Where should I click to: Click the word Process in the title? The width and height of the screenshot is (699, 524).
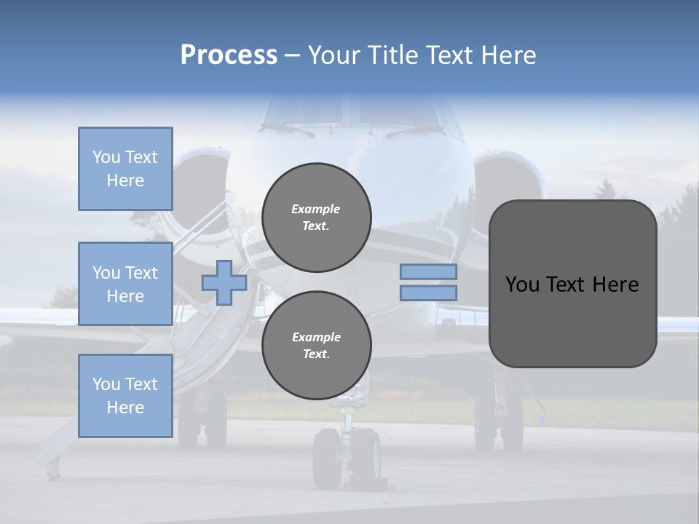pos(229,55)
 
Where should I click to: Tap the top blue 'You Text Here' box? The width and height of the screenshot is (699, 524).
pos(125,169)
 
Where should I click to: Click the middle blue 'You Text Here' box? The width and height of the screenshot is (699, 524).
pos(125,284)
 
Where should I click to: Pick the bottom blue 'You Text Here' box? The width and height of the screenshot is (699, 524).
pos(125,396)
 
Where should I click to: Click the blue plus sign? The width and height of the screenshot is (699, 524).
pos(224,282)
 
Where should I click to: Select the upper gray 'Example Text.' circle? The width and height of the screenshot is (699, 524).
pos(317,218)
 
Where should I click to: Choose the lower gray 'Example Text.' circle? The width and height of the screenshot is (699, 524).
pos(317,346)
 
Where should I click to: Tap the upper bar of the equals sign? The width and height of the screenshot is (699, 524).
pos(429,272)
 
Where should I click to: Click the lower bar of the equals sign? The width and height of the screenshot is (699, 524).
pos(429,293)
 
